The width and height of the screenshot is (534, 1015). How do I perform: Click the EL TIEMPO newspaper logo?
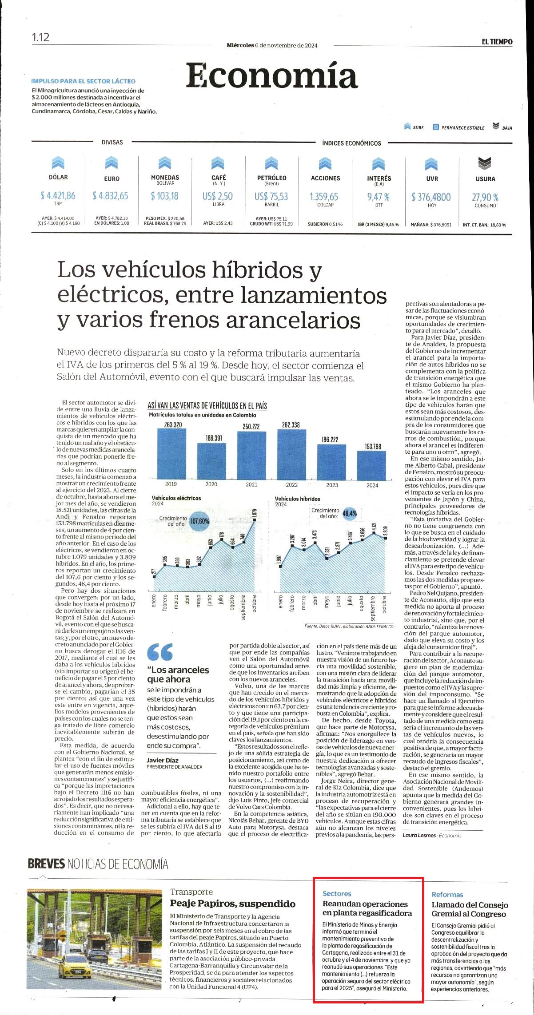tap(497, 42)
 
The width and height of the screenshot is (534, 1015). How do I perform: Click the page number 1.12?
tap(40, 37)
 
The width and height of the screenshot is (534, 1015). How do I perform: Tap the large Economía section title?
tap(271, 75)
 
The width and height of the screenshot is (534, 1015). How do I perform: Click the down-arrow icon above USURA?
tap(485, 164)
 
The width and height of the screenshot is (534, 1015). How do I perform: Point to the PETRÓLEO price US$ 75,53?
tap(271, 196)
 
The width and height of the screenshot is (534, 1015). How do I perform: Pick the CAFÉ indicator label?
tap(219, 177)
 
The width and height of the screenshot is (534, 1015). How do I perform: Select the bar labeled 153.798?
tap(372, 465)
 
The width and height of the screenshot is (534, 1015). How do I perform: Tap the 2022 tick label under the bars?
tap(292, 484)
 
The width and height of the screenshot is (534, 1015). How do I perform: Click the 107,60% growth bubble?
tap(199, 521)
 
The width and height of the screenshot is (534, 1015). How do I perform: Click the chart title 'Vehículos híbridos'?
tap(297, 499)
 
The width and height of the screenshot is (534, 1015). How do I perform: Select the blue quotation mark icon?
tap(160, 651)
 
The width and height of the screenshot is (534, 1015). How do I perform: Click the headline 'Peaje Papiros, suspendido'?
tap(232, 904)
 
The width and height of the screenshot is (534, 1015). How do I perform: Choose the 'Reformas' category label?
tap(447, 895)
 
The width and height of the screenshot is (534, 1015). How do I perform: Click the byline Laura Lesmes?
tap(419, 835)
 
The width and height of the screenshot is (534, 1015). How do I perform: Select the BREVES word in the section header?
tap(46, 864)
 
